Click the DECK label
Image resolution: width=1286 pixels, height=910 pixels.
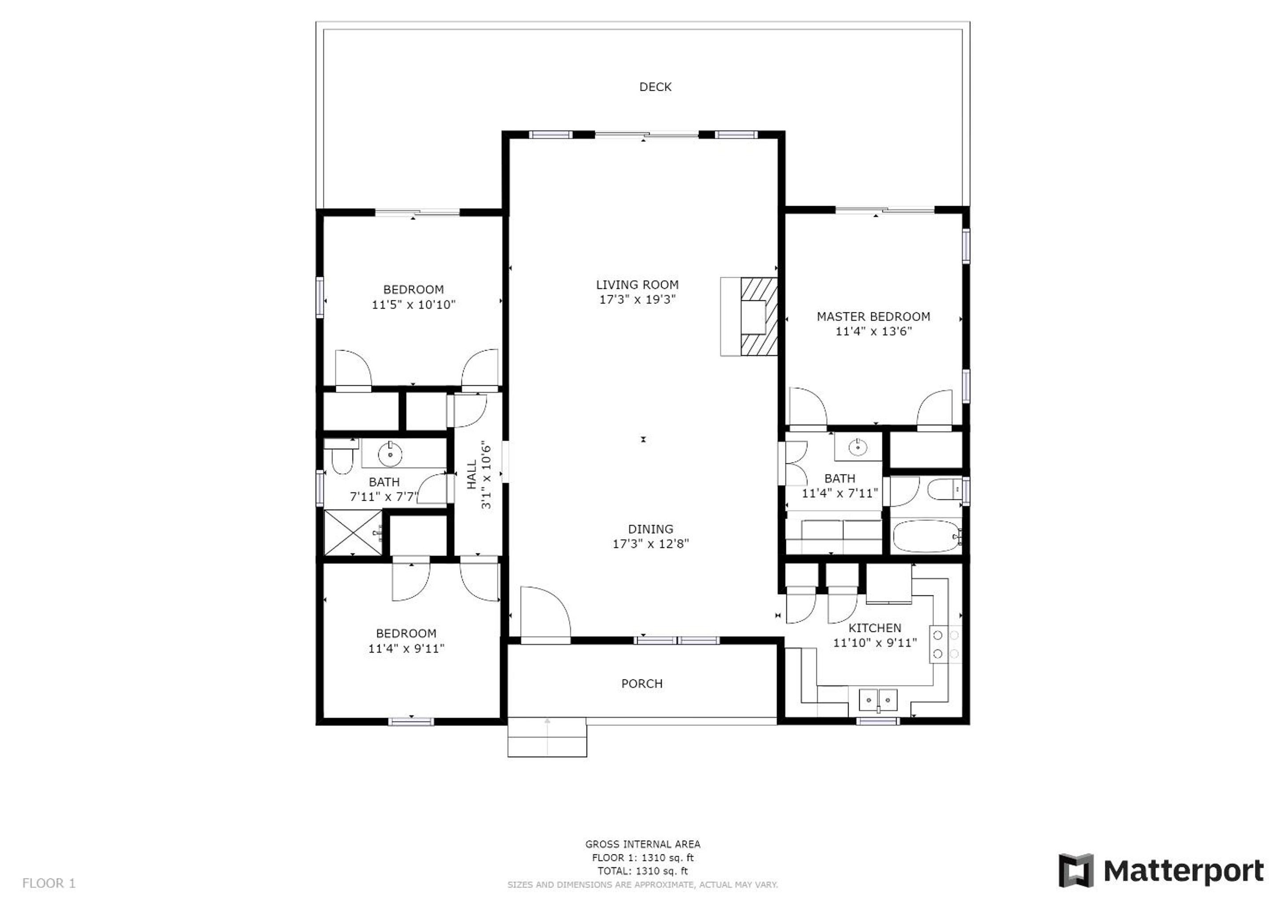tap(655, 87)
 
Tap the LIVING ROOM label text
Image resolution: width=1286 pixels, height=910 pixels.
tap(637, 285)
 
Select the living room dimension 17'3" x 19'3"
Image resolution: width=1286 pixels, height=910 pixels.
tap(637, 299)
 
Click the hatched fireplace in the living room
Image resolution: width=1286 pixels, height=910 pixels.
tap(759, 317)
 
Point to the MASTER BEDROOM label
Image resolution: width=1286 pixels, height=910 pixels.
tap(873, 317)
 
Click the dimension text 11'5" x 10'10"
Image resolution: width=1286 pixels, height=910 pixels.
tap(414, 305)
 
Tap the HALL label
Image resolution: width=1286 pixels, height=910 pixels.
tap(472, 474)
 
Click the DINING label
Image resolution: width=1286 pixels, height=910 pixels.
tap(650, 529)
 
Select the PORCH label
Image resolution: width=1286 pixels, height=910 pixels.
tap(642, 684)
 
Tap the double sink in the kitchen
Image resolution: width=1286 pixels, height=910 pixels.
tap(878, 700)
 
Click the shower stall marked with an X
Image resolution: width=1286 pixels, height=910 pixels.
tap(353, 532)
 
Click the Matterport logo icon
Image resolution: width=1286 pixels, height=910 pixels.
tap(1075, 870)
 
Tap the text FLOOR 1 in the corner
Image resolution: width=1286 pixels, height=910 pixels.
tap(49, 884)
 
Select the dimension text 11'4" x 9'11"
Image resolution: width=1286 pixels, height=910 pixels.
tap(406, 649)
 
